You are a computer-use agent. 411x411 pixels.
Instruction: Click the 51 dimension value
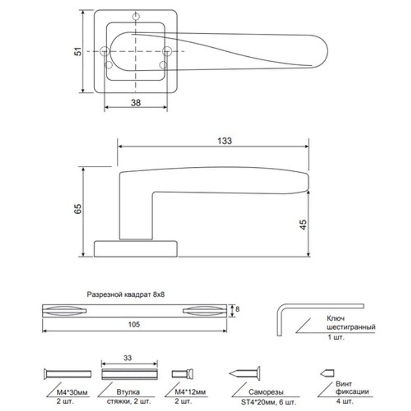coord(78,51)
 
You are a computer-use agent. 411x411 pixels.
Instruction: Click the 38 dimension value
coord(136,103)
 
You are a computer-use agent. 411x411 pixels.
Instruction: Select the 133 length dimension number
coord(225,141)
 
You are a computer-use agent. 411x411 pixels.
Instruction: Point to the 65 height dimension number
coord(78,209)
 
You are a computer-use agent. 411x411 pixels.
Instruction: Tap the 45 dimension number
coord(303,225)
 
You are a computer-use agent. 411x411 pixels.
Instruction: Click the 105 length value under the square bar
coord(134,324)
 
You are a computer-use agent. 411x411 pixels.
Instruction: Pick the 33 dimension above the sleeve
coord(128,358)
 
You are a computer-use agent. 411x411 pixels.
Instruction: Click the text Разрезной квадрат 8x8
coord(126,294)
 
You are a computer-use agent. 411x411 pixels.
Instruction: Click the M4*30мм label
coord(72,393)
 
